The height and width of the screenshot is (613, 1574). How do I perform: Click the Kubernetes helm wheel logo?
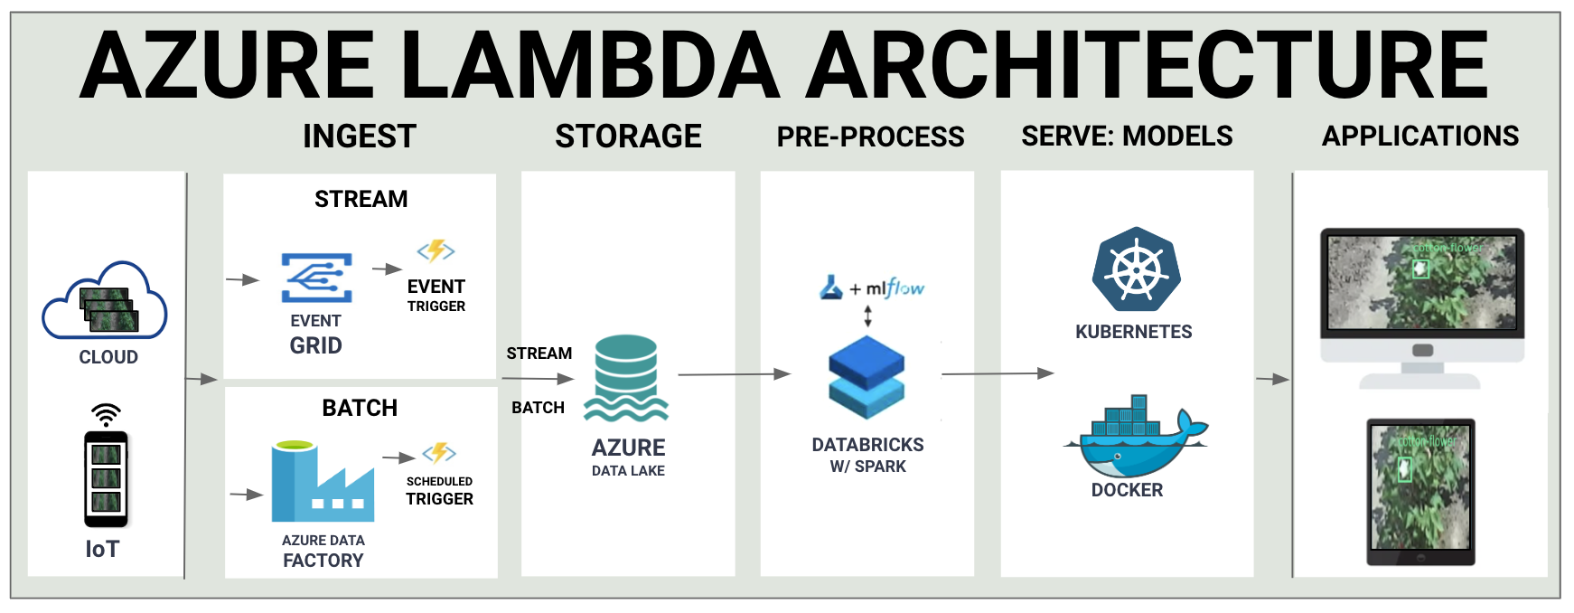[1136, 269]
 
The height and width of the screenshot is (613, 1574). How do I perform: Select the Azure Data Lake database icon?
[626, 379]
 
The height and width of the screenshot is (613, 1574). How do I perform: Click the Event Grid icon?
[316, 278]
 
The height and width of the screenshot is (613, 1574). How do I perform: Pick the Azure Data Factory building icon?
[323, 481]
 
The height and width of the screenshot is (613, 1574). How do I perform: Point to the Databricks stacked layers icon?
[867, 377]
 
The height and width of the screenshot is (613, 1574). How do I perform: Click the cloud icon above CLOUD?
[105, 301]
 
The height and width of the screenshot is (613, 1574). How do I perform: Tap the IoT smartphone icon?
[106, 478]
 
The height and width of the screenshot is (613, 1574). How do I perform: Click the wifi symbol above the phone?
[106, 415]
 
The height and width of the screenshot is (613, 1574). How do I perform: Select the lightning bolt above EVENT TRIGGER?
[436, 250]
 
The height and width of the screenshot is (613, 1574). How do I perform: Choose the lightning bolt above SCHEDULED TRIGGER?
[439, 452]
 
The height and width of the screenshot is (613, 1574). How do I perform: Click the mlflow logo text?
[895, 288]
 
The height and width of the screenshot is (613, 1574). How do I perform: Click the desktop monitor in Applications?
[1422, 307]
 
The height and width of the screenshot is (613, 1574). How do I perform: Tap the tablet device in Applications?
[1420, 492]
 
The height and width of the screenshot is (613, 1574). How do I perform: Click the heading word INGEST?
[360, 137]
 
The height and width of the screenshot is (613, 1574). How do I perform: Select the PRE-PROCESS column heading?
[870, 137]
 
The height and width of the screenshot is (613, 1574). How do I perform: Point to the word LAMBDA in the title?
[591, 64]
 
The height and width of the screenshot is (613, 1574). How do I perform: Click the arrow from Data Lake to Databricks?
[735, 373]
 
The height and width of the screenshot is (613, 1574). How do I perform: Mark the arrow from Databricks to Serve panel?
[998, 373]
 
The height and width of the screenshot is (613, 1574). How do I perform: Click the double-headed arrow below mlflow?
[868, 316]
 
